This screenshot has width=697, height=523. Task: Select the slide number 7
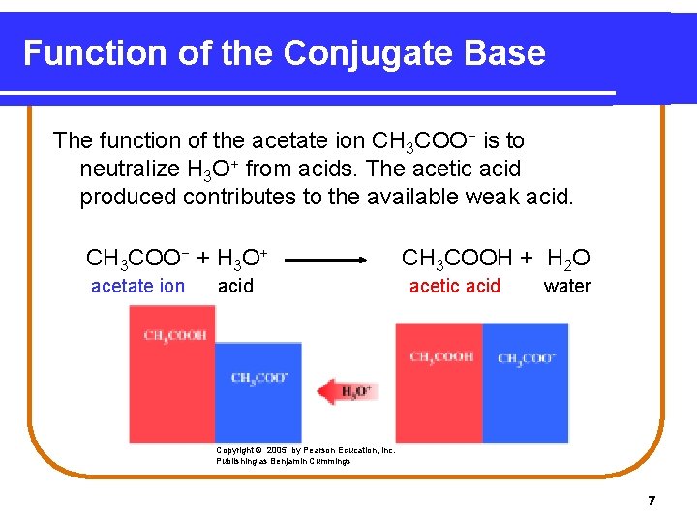pos(652,500)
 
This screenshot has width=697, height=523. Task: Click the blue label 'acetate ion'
pos(137,286)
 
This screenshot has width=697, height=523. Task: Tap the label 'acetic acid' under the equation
pos(455,286)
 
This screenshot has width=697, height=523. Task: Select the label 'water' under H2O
pos(567,286)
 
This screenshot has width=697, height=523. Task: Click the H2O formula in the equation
pos(569,259)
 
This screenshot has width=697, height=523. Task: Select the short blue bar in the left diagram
pos(258,392)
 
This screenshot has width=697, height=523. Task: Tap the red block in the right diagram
pos(439,383)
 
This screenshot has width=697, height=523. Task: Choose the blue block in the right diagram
pos(526,383)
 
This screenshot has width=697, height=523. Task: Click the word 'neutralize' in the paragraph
pos(128,169)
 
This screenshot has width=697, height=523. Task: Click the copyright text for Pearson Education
pos(305,455)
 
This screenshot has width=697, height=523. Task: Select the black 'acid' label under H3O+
pos(235,286)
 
